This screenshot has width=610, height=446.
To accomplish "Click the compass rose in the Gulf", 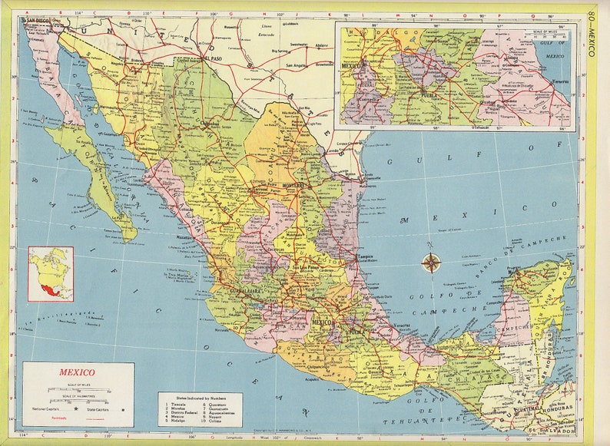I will point(431,263).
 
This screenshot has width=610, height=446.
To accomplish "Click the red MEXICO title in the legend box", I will point(77,374).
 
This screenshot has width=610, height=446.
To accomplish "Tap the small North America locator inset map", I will point(51,273).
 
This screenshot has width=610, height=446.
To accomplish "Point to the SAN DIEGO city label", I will point(38,21).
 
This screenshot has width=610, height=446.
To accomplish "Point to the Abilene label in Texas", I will point(322,45).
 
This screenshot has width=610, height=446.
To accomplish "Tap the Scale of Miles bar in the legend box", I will point(77,390).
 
